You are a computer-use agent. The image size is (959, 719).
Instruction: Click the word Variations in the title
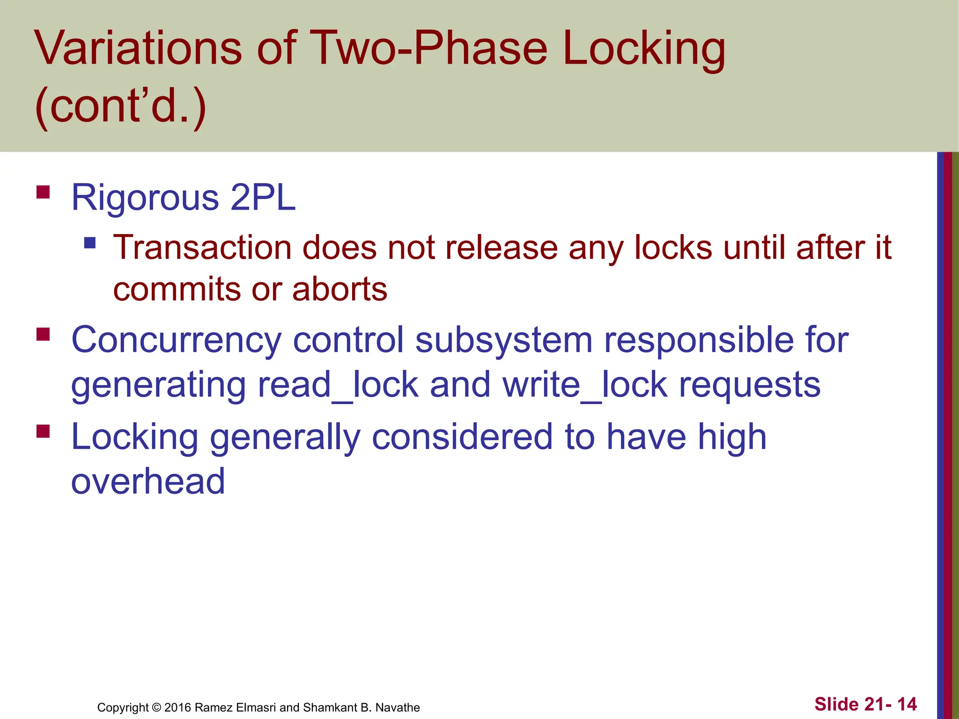point(139,48)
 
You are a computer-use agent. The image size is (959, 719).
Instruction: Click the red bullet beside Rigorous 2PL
point(43,192)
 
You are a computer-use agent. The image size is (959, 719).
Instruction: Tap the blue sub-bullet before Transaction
point(90,242)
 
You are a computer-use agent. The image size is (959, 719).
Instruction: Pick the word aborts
point(340,289)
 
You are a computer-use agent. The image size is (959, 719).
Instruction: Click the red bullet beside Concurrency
point(43,334)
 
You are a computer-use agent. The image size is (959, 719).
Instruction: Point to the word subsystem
point(504,340)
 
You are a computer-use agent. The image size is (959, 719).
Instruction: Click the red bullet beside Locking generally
point(43,431)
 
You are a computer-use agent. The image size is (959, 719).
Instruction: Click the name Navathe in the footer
point(398,707)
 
